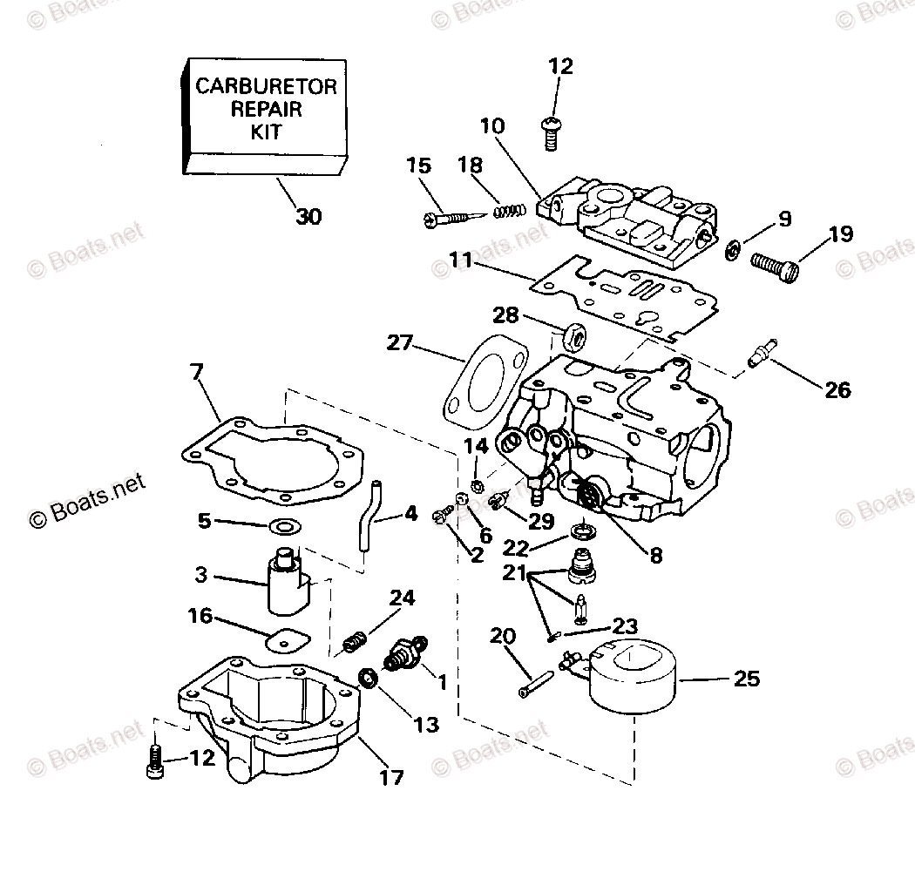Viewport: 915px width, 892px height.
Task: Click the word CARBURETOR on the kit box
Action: [x=266, y=86]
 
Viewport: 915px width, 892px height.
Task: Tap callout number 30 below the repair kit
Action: [x=308, y=216]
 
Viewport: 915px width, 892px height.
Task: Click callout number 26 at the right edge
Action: [x=837, y=390]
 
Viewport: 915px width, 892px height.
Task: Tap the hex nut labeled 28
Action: [x=573, y=334]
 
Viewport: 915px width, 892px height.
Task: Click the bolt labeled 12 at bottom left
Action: [x=153, y=760]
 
